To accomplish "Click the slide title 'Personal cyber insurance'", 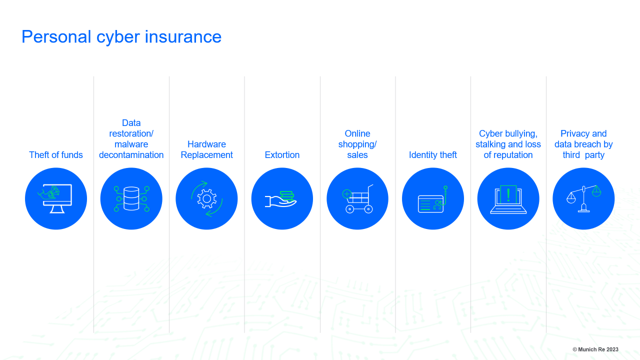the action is pyautogui.click(x=121, y=37).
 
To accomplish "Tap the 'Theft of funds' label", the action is pyautogui.click(x=56, y=155).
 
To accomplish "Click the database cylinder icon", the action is pyautogui.click(x=131, y=198).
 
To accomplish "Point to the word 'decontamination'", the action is pyautogui.click(x=131, y=155).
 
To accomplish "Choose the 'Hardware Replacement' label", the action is pyautogui.click(x=206, y=149).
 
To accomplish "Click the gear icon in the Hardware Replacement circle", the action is pyautogui.click(x=207, y=199).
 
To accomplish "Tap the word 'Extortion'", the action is pyautogui.click(x=282, y=155).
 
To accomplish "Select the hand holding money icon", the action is pyautogui.click(x=281, y=199).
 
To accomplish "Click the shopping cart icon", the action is pyautogui.click(x=357, y=199).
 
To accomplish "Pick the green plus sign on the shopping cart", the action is pyautogui.click(x=346, y=194).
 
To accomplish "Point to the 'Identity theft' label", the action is pyautogui.click(x=433, y=155).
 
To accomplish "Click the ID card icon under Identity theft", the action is pyautogui.click(x=431, y=203).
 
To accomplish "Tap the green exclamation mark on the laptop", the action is pyautogui.click(x=508, y=195).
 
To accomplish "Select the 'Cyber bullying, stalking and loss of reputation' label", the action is pyautogui.click(x=508, y=144).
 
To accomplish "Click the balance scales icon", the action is pyautogui.click(x=583, y=199).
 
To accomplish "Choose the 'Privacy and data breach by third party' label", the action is pyautogui.click(x=583, y=144).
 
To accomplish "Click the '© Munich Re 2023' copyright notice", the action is pyautogui.click(x=595, y=349).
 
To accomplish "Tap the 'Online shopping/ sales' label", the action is pyautogui.click(x=357, y=144).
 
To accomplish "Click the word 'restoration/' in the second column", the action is pyautogui.click(x=131, y=133).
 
